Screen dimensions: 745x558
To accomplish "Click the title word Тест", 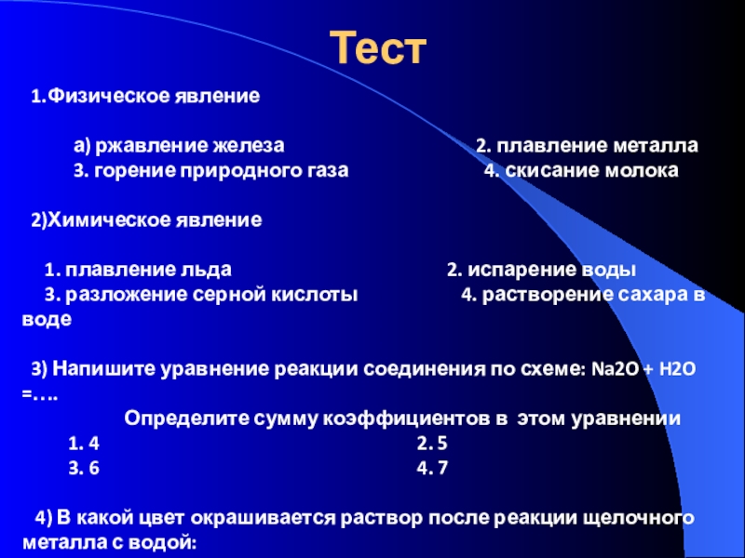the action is [x=378, y=47].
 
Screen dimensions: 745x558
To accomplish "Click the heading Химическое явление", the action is [x=155, y=220].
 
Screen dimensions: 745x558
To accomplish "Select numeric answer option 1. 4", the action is [x=84, y=444].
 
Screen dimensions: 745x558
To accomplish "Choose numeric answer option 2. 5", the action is [x=432, y=444].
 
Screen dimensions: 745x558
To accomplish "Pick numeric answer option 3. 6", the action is [x=84, y=468].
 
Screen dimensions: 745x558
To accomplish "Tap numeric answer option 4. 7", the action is [x=432, y=468].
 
